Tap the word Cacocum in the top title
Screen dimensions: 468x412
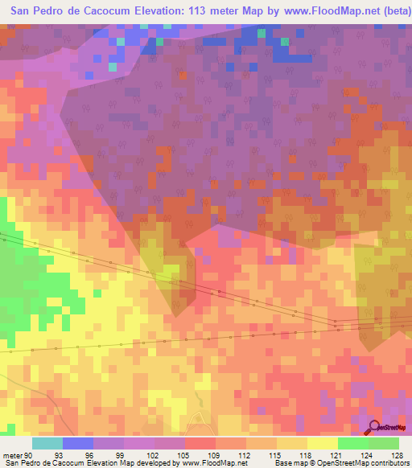point(101,12)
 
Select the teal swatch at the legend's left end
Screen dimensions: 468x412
point(47,443)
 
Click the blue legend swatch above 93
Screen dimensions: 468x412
point(77,443)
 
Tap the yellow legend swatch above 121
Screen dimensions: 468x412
point(322,443)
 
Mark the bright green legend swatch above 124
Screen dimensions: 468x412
point(352,443)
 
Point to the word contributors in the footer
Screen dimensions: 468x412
point(388,462)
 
